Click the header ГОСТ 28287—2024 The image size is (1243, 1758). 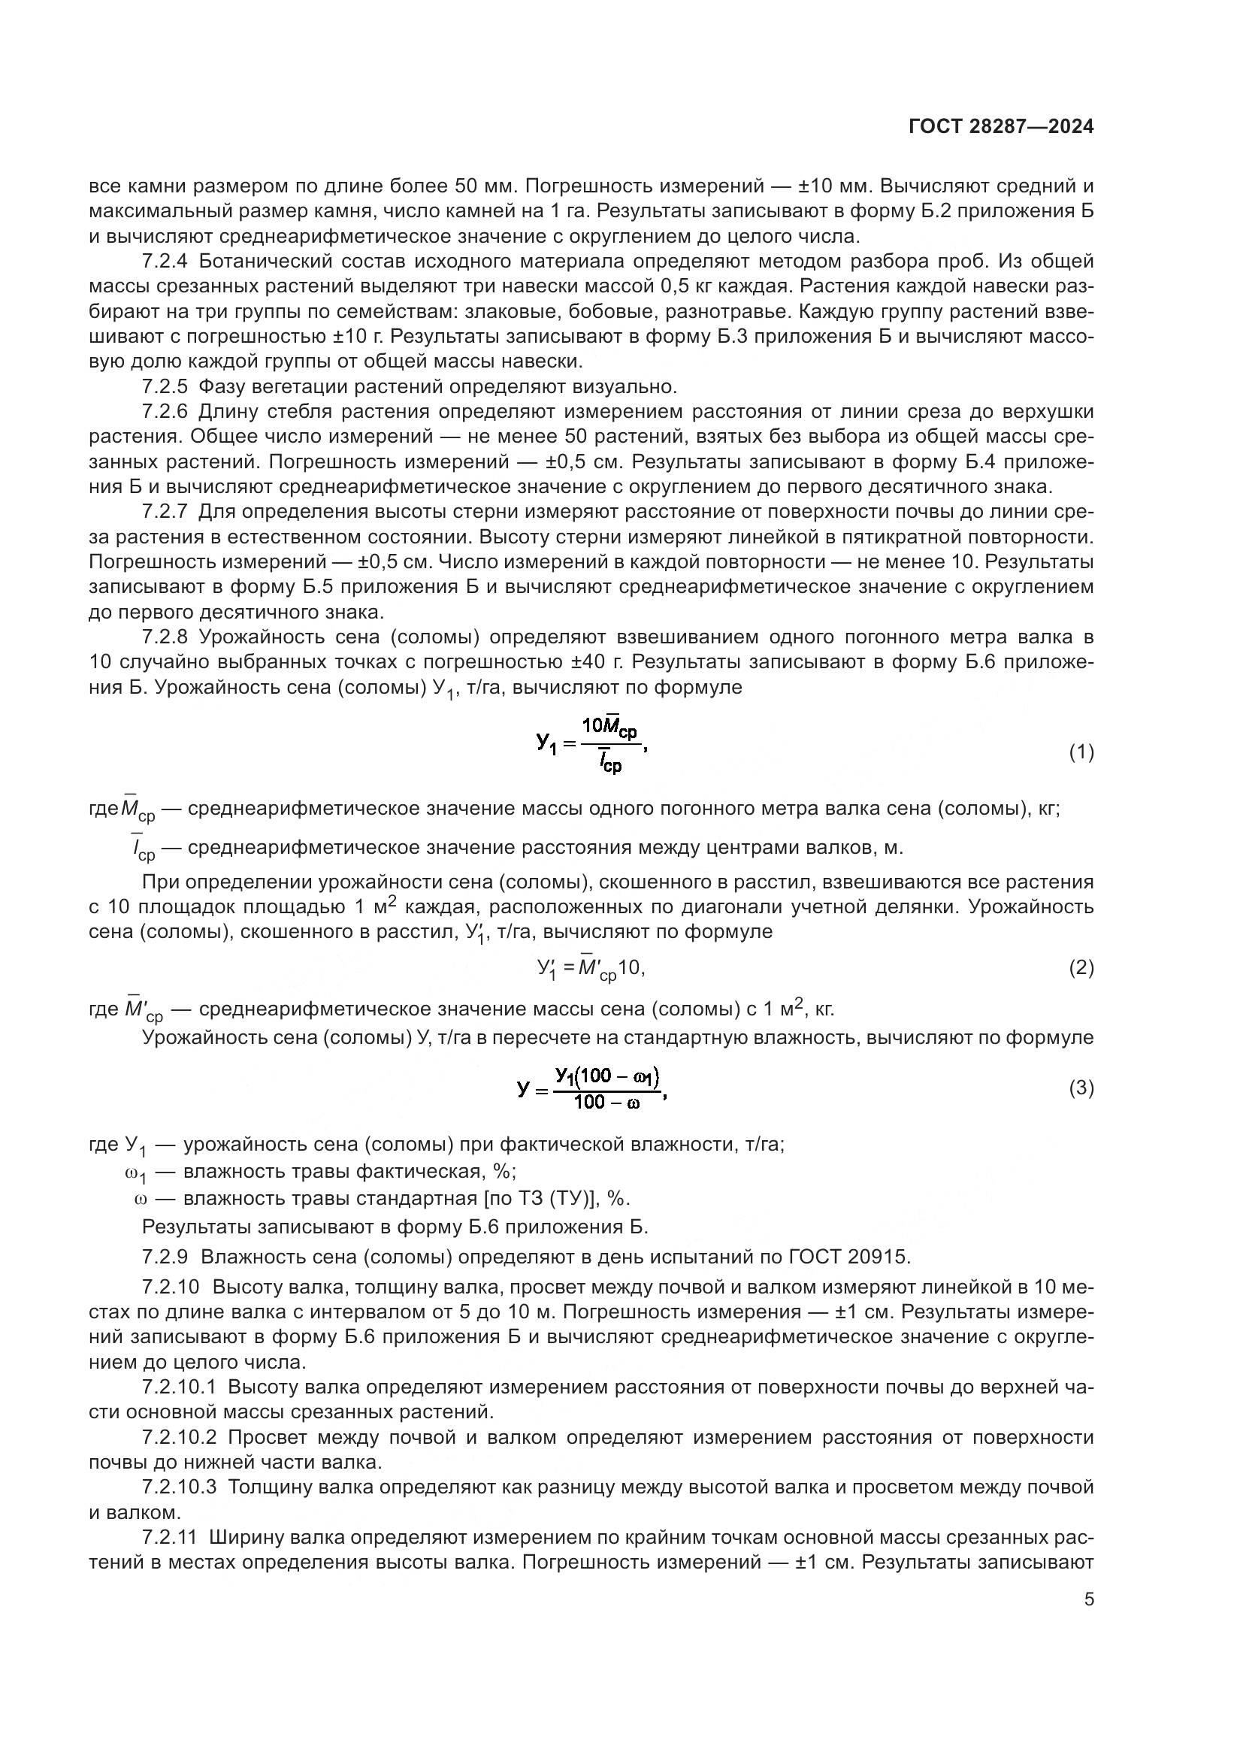click(1000, 127)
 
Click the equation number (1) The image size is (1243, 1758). click(1081, 752)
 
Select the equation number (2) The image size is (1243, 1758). click(1081, 968)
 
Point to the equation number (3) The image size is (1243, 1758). click(1081, 1088)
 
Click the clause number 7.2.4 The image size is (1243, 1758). click(165, 261)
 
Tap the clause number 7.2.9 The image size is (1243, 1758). click(165, 1257)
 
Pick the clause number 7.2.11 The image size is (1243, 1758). click(169, 1537)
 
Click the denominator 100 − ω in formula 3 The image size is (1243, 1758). click(606, 1103)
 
